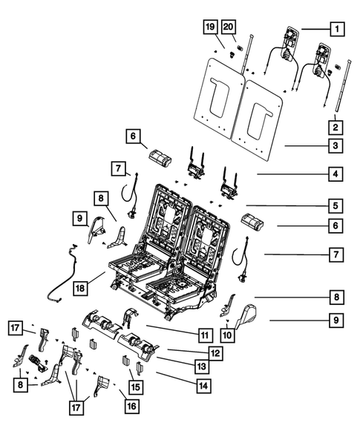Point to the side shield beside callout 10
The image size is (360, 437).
pyautogui.click(x=246, y=323)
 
